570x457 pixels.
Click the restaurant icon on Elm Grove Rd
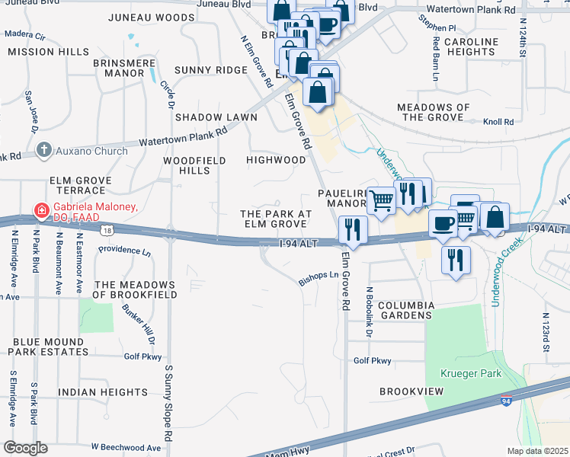(x=352, y=228)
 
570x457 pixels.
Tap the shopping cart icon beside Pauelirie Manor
(x=382, y=200)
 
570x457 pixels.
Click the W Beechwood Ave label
(x=126, y=448)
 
